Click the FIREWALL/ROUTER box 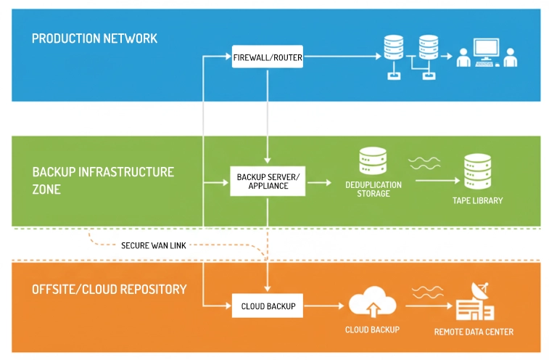tap(268, 57)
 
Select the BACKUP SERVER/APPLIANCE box tap(268, 181)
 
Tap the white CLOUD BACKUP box tap(268, 306)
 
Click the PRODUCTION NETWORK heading tap(94, 38)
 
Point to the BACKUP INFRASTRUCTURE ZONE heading tap(103, 180)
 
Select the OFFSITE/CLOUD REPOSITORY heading tap(109, 289)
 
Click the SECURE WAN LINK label tap(153, 245)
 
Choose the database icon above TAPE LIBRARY tap(477, 169)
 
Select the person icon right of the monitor tap(511, 57)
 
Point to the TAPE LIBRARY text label tap(476, 200)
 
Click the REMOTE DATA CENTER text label tap(474, 332)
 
